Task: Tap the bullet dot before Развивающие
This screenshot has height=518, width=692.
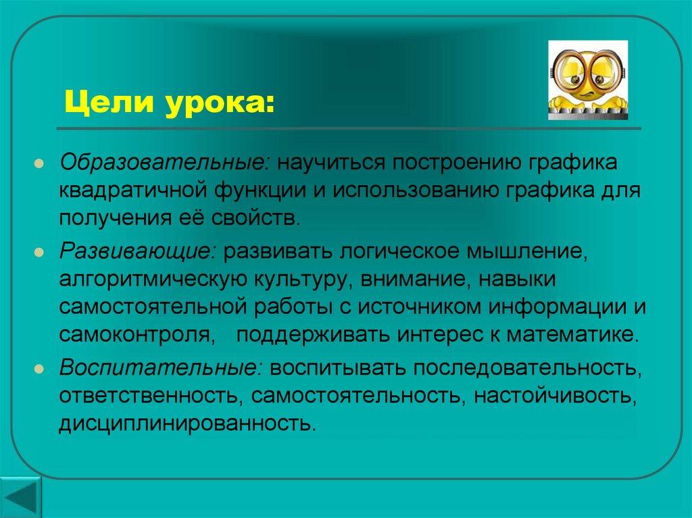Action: [41, 253]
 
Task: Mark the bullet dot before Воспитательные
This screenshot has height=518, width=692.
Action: [41, 371]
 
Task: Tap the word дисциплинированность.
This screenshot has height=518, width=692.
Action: [187, 424]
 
